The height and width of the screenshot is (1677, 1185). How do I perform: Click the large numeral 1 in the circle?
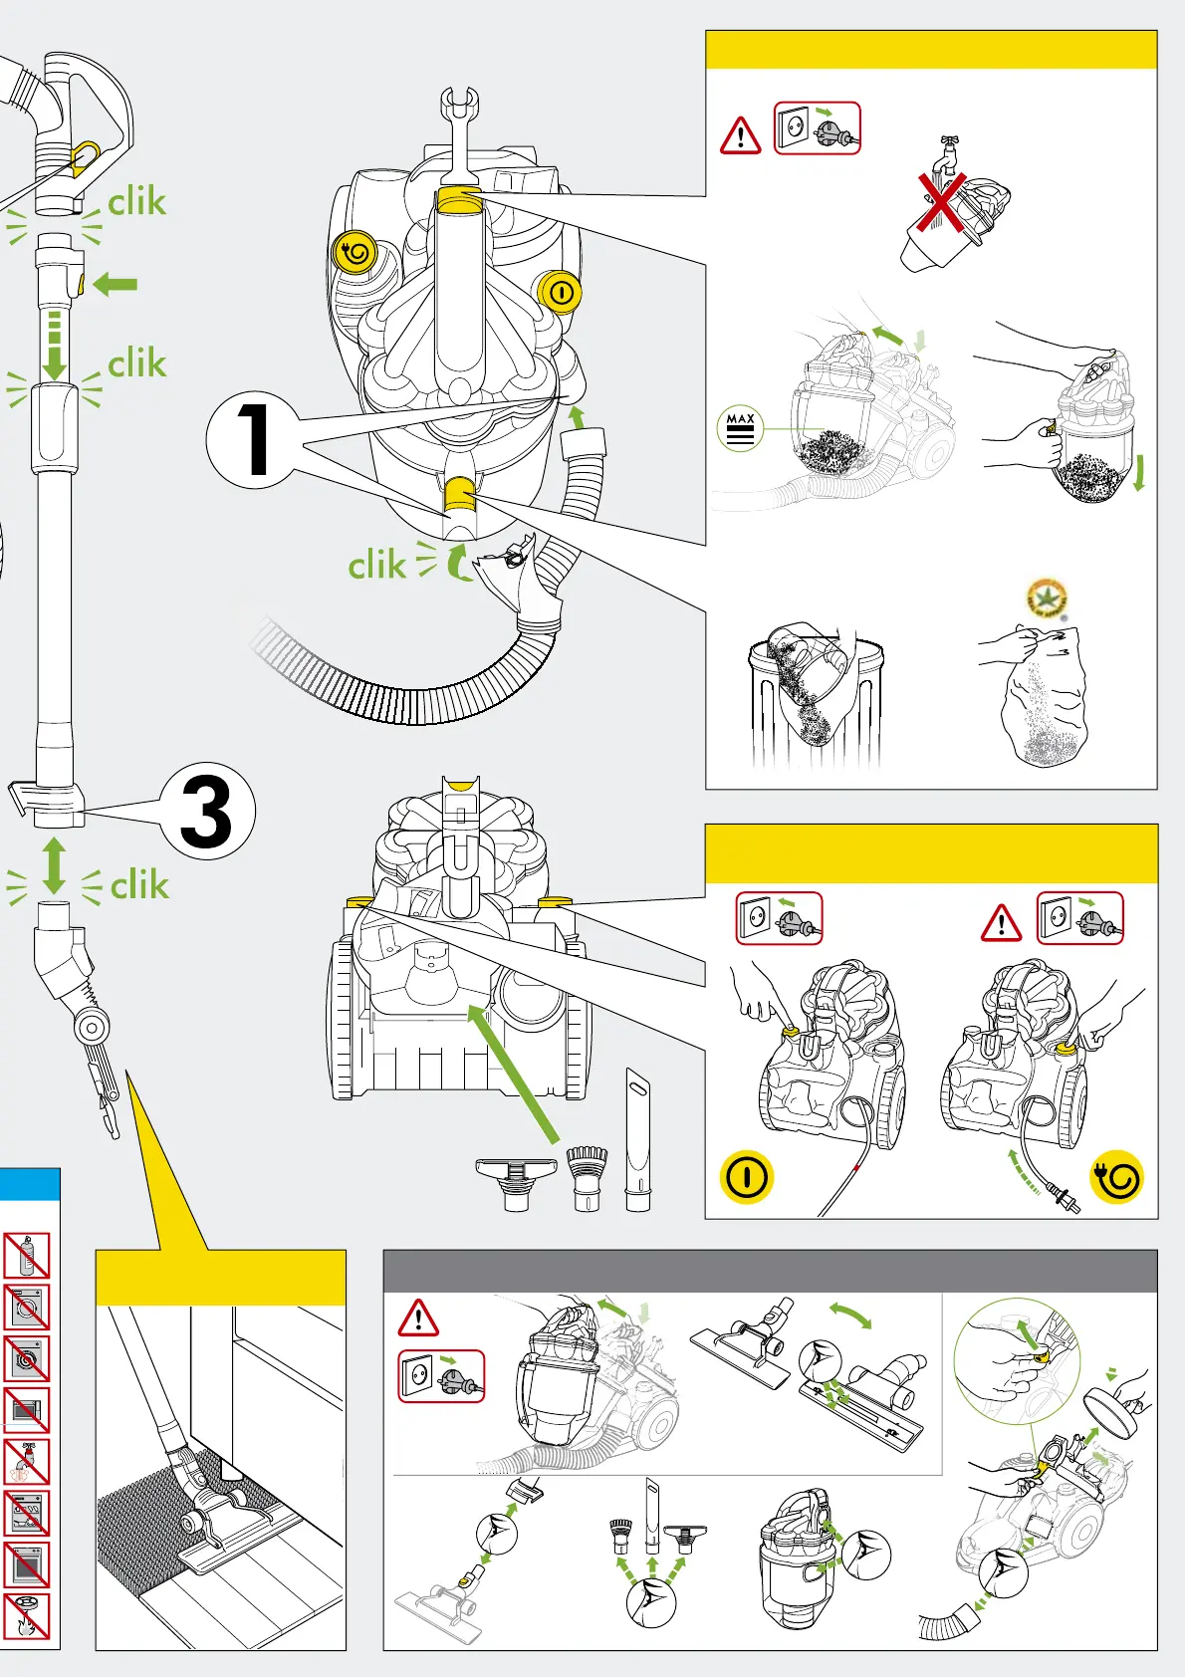[253, 439]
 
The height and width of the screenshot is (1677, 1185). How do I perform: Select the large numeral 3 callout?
[207, 811]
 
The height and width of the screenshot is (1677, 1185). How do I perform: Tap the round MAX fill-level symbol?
[740, 428]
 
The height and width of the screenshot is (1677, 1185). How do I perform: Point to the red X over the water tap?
[941, 203]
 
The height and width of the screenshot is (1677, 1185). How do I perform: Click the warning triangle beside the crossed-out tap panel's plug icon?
[740, 136]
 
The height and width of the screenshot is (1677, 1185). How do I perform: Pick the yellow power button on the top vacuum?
[560, 293]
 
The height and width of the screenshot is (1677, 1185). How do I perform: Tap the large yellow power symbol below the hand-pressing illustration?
[746, 1177]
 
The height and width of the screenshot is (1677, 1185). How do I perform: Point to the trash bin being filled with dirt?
[816, 697]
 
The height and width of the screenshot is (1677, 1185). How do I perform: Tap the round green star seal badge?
[1047, 599]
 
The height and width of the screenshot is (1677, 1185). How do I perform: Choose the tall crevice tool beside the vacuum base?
[637, 1139]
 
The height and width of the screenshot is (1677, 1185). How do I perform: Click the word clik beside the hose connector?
[376, 566]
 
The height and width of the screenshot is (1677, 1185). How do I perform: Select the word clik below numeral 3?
[139, 884]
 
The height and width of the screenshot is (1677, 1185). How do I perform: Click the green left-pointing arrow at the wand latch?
[116, 285]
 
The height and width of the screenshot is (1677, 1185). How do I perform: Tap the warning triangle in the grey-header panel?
[418, 1318]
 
